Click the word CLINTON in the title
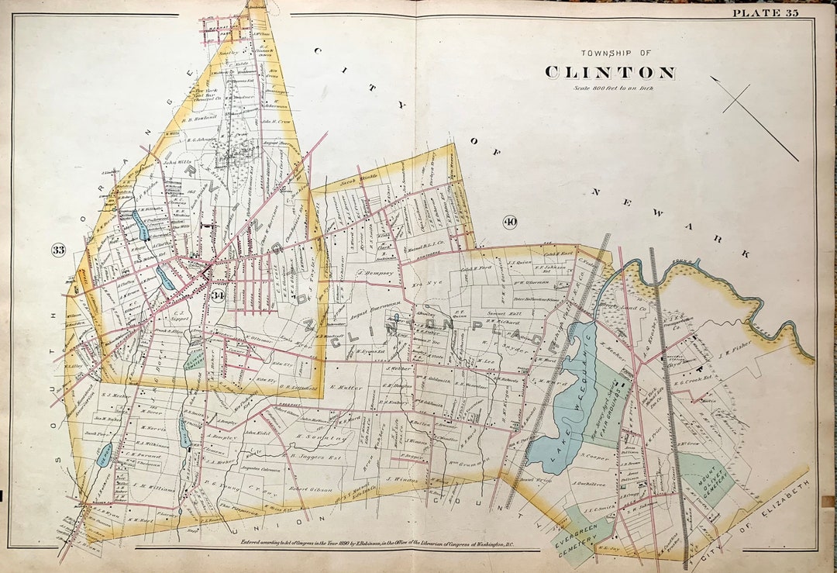(x=609, y=73)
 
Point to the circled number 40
(x=510, y=223)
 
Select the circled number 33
(x=58, y=249)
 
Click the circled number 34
(x=219, y=295)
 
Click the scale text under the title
(x=609, y=88)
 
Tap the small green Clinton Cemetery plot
(x=195, y=359)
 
